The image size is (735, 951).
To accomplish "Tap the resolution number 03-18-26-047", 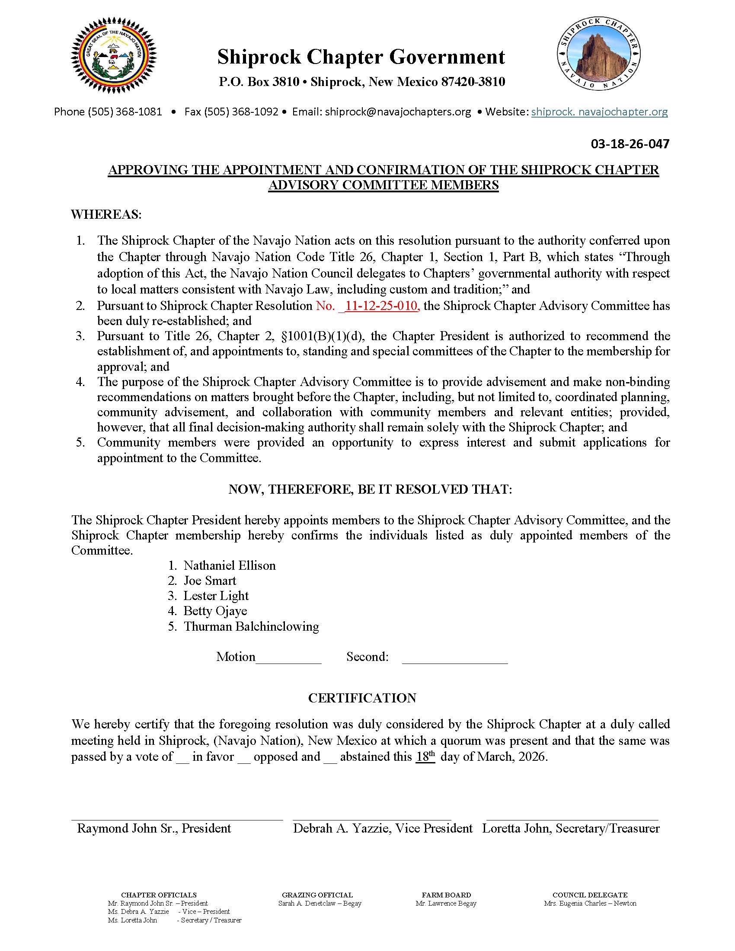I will pyautogui.click(x=630, y=144).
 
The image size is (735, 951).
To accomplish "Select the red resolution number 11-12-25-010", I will pyautogui.click(x=381, y=306).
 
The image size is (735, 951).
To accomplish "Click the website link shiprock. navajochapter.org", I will pyautogui.click(x=599, y=112).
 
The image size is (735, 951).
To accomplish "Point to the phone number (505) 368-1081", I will pyautogui.click(x=125, y=112).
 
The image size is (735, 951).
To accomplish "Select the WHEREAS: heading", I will pyautogui.click(x=106, y=214).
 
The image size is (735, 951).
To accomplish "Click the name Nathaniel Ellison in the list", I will pyautogui.click(x=230, y=566).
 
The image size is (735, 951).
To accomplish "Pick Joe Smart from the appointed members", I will pyautogui.click(x=209, y=581).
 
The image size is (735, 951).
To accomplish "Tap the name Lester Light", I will pyautogui.click(x=216, y=596).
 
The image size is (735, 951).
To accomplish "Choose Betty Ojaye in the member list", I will pyautogui.click(x=215, y=611).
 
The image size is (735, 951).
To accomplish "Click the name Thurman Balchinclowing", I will pyautogui.click(x=251, y=627).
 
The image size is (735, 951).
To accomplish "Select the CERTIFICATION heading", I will pyautogui.click(x=362, y=699).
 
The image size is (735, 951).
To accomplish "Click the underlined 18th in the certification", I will pyautogui.click(x=425, y=757).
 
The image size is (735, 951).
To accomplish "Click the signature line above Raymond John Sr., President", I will pyautogui.click(x=177, y=820).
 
